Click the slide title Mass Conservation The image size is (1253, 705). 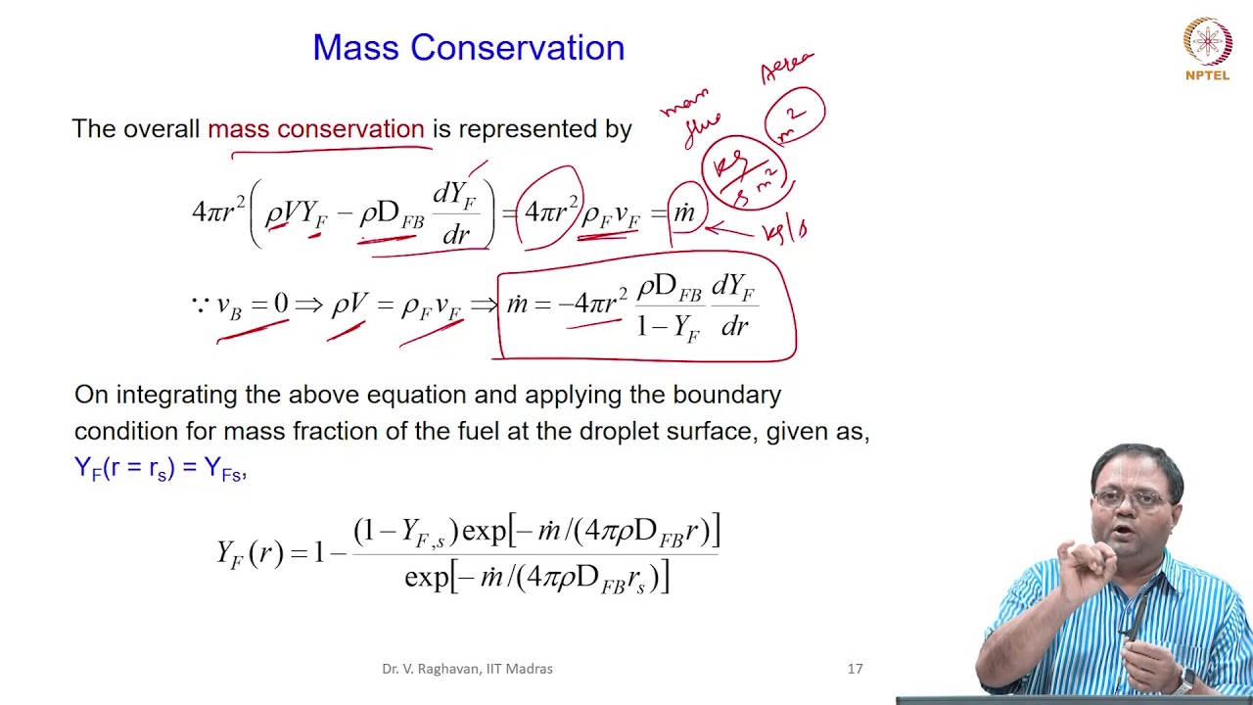[x=468, y=48]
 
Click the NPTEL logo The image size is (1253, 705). [x=1207, y=48]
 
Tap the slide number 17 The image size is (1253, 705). [x=855, y=669]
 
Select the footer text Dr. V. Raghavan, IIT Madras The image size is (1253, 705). [x=467, y=669]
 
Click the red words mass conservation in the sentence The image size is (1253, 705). [x=315, y=129]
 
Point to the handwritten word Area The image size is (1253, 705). [x=787, y=68]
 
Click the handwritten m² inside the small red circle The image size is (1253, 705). [x=795, y=117]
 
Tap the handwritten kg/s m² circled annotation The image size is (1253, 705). [x=742, y=172]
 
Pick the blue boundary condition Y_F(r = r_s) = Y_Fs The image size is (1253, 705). [x=160, y=468]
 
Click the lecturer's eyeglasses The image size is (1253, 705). [x=1131, y=499]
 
